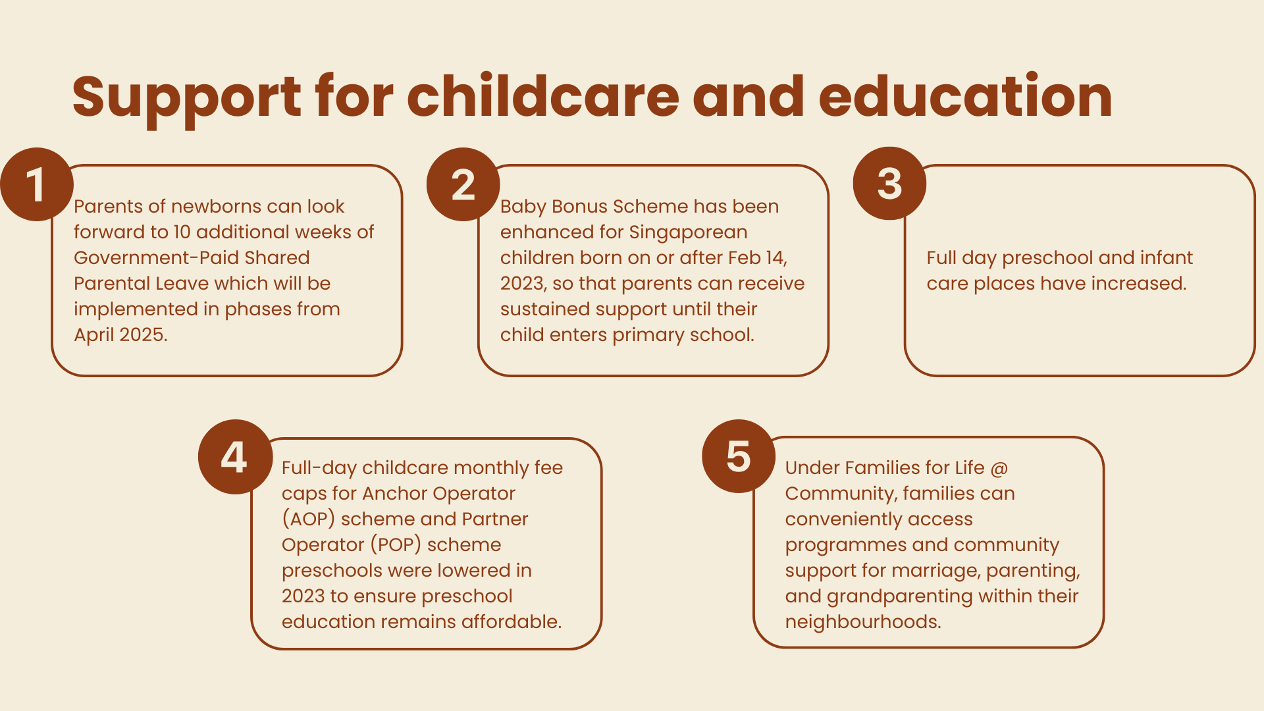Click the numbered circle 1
(36, 184)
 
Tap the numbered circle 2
(463, 184)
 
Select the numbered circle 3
(889, 184)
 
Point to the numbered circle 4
(235, 457)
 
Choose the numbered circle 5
(739, 456)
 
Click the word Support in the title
(187, 97)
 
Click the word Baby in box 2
(523, 207)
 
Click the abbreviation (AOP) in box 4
(309, 519)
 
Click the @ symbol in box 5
(999, 468)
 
